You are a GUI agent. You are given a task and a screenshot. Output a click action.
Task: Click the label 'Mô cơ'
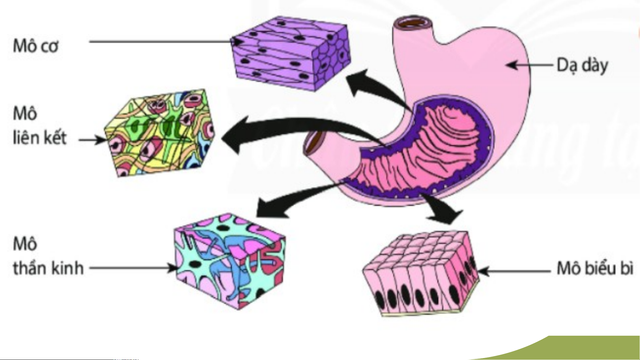[x=36, y=46]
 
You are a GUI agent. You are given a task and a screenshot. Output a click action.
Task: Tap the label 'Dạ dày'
[x=582, y=65]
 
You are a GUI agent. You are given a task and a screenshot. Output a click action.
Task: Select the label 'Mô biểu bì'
[x=595, y=268]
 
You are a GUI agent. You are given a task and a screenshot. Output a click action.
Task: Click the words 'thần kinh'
[x=48, y=268]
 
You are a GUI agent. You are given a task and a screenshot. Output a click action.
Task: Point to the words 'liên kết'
[x=40, y=138]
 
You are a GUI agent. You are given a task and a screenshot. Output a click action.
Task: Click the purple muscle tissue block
[x=290, y=53]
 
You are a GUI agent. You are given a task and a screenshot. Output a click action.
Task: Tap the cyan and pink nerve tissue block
[x=230, y=261]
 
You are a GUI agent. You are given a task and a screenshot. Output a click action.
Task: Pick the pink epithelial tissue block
[x=420, y=273]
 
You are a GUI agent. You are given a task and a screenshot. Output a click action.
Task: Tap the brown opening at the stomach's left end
[x=315, y=142]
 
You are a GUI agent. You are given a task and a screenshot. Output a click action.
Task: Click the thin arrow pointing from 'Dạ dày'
[x=530, y=65]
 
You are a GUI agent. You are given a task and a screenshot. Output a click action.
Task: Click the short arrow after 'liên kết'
[x=92, y=140]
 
